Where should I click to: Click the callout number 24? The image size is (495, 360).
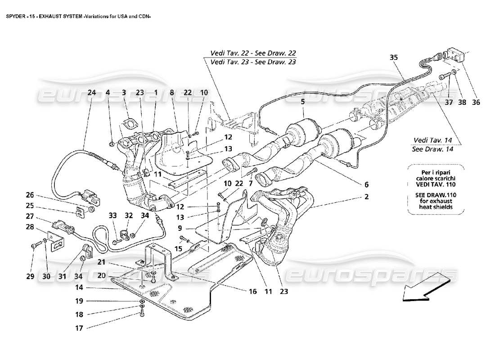point(92,93)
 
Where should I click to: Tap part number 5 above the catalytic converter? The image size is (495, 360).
point(303,102)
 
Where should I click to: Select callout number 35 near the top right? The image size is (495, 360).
point(394,58)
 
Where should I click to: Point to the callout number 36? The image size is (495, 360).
point(476,102)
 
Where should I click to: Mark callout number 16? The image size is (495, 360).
point(252,292)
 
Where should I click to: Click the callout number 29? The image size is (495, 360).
point(30,276)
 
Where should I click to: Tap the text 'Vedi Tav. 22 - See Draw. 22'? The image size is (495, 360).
point(250,53)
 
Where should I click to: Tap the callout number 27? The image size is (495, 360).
point(30,216)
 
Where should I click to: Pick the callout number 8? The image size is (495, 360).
point(171,93)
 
